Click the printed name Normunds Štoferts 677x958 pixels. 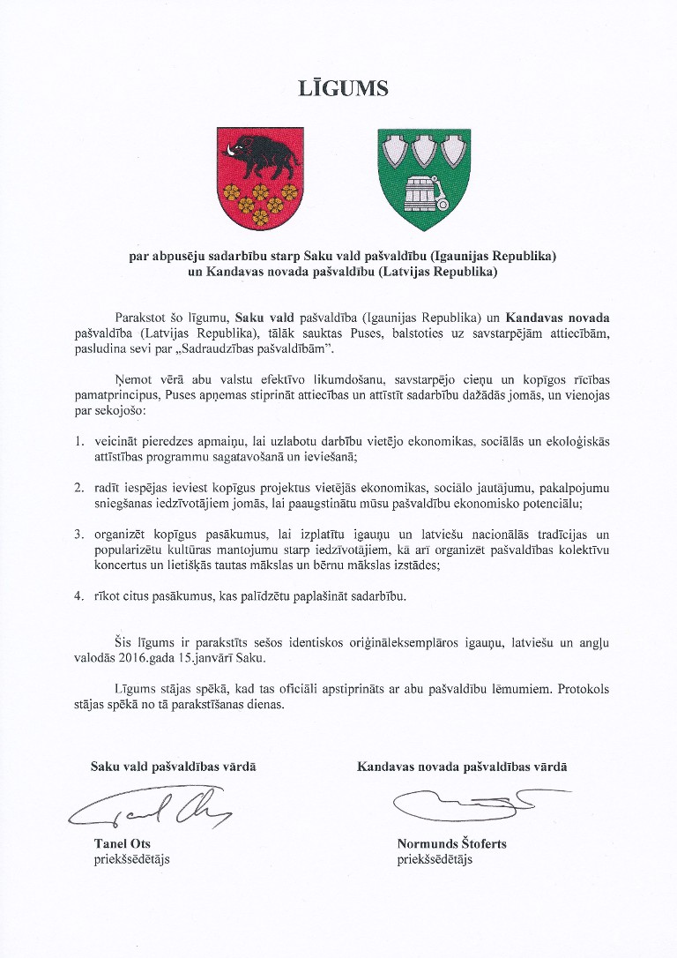click(x=451, y=843)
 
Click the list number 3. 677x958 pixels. click(x=78, y=534)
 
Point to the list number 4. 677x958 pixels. click(x=78, y=596)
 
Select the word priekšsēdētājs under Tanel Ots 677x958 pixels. click(x=131, y=858)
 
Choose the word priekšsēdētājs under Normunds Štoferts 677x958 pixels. click(x=435, y=858)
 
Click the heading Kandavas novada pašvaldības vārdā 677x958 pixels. click(x=462, y=767)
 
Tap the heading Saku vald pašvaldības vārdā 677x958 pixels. click(x=174, y=767)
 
